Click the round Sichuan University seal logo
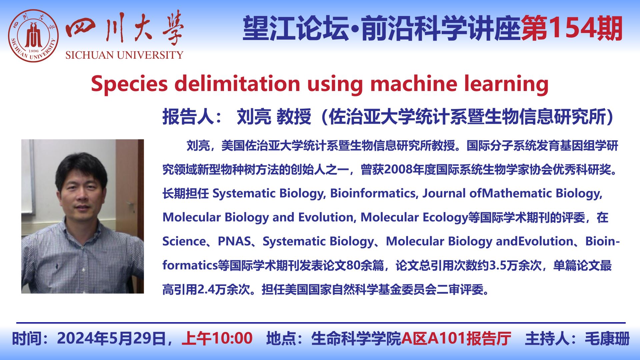click(x=33, y=36)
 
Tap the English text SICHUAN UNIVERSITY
click(x=124, y=55)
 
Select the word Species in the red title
click(x=129, y=84)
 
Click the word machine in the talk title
click(x=414, y=83)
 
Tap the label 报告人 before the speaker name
click(x=188, y=117)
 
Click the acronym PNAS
click(x=234, y=241)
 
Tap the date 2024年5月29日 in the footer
click(x=111, y=338)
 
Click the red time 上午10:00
click(x=217, y=338)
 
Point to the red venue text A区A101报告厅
click(x=456, y=338)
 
